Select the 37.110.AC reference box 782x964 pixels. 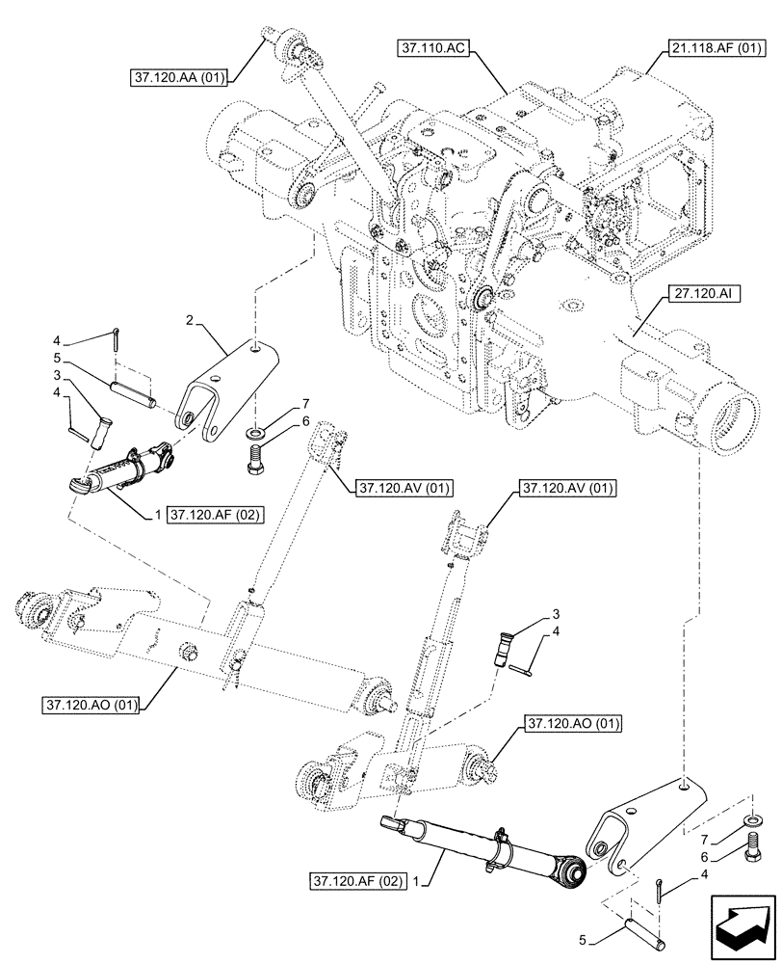(431, 46)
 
